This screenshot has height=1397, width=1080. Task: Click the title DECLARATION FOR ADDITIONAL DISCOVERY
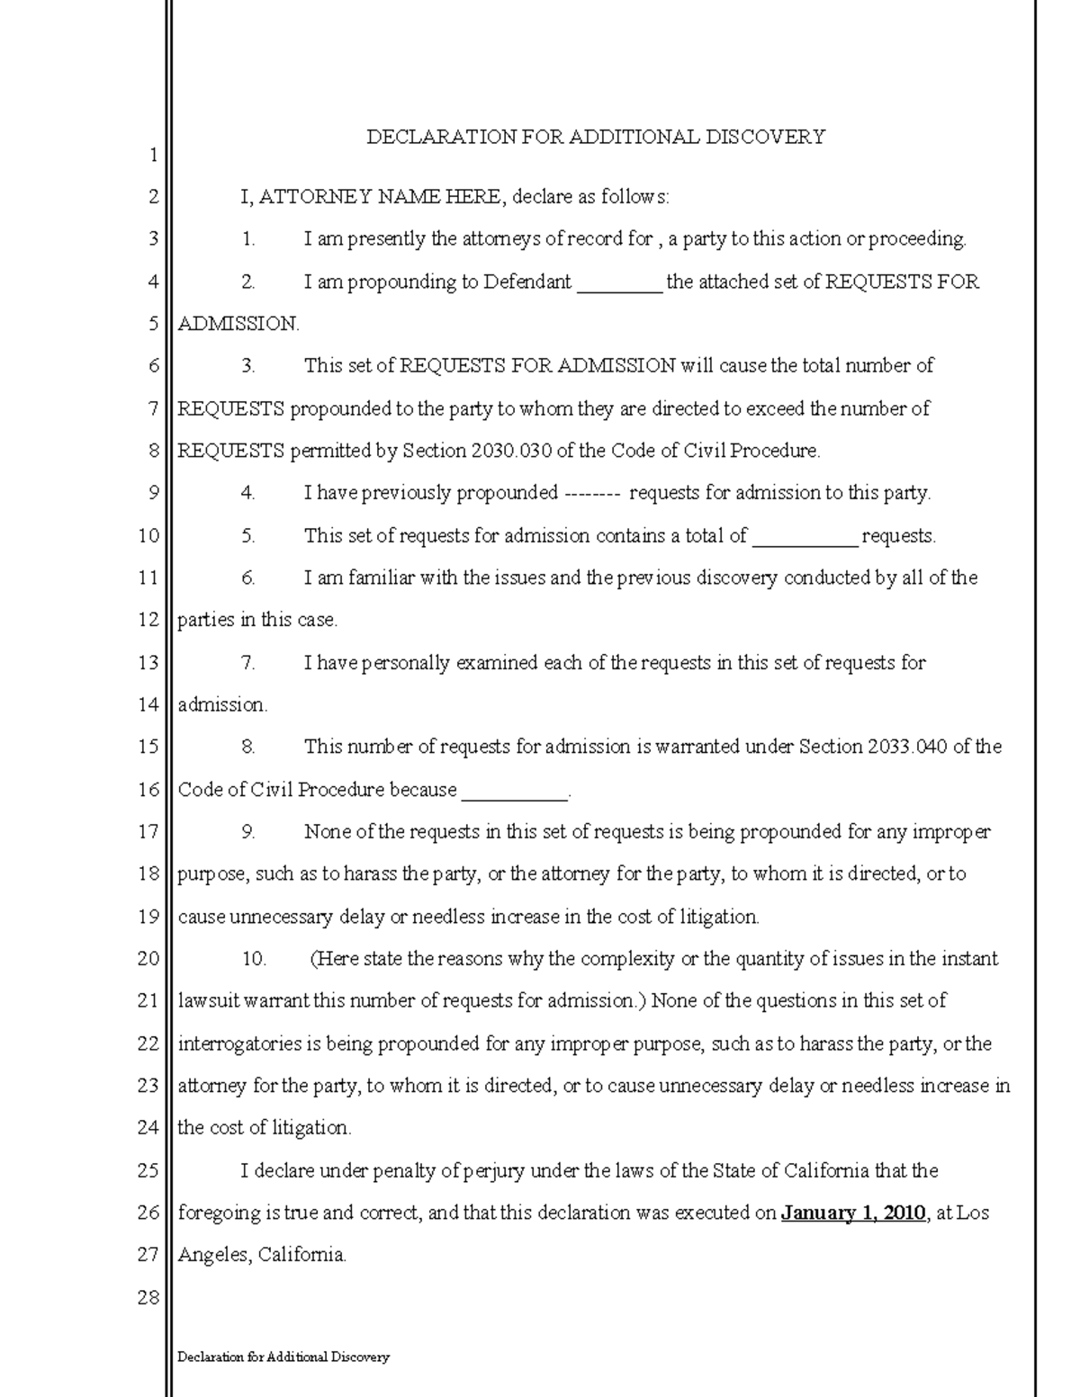(x=595, y=137)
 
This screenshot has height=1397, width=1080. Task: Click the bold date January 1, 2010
(x=853, y=1213)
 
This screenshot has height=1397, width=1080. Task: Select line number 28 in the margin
(x=148, y=1297)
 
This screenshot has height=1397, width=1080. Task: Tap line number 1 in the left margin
(x=153, y=155)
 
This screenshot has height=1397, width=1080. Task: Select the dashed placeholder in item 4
(x=591, y=493)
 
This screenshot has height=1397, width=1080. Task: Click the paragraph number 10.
(x=253, y=959)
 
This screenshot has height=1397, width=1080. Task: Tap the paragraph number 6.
(x=247, y=578)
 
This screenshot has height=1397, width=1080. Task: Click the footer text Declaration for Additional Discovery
(x=283, y=1357)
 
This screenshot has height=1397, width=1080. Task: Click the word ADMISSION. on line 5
(x=238, y=324)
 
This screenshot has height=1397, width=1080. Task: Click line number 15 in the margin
(x=148, y=747)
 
